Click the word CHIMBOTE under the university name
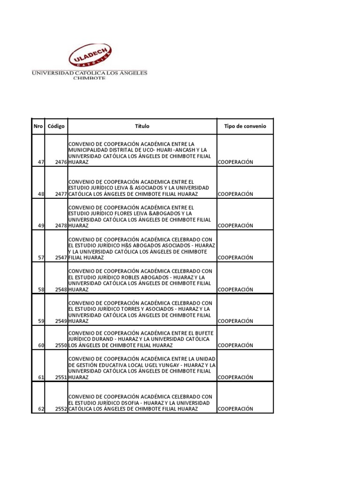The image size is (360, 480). click(x=90, y=78)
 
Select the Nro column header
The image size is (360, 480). click(x=38, y=127)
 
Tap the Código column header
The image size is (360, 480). click(x=56, y=127)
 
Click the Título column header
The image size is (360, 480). click(x=142, y=127)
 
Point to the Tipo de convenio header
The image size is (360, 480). click(x=245, y=127)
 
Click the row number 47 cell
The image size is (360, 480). click(x=40, y=162)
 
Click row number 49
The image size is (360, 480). click(x=40, y=225)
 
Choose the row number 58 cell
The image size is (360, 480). click(x=40, y=290)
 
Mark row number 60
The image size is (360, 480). click(x=40, y=345)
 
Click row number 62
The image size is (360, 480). click(x=40, y=409)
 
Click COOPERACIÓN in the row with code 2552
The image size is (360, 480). click(x=236, y=409)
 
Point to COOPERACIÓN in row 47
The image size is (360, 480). click(x=236, y=162)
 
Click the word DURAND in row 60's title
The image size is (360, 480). click(x=103, y=339)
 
